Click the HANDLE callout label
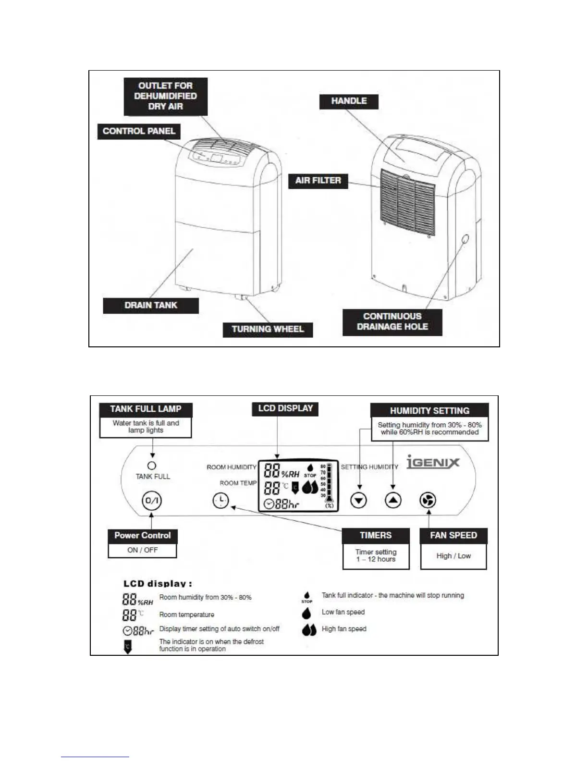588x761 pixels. click(349, 101)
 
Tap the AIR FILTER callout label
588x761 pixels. click(318, 181)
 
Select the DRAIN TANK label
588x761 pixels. click(151, 306)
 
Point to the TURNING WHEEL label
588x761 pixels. click(268, 330)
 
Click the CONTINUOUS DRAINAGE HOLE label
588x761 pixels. click(392, 322)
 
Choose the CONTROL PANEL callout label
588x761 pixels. click(139, 132)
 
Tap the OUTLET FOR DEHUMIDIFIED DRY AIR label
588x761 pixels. click(165, 96)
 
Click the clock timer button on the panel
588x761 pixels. click(220, 501)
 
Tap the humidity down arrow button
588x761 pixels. click(359, 501)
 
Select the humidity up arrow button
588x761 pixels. click(393, 501)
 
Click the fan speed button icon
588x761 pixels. click(428, 501)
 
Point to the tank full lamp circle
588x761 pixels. click(152, 466)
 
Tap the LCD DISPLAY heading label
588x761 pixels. click(285, 409)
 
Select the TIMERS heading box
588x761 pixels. click(376, 536)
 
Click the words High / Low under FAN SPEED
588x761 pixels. click(453, 556)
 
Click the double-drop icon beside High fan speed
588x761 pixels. click(309, 629)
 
